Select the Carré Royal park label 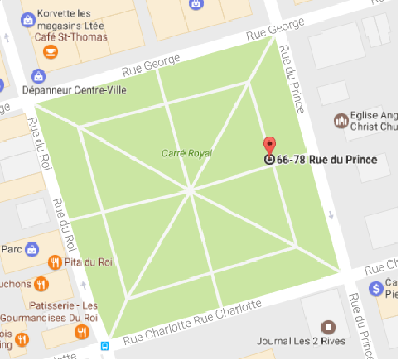pos(186,153)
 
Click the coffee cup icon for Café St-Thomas pos(51,51)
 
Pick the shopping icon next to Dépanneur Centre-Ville pos(36,75)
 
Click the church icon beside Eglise pos(339,121)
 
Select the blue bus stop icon pos(105,345)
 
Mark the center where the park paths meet pos(191,190)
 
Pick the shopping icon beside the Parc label pos(31,247)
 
